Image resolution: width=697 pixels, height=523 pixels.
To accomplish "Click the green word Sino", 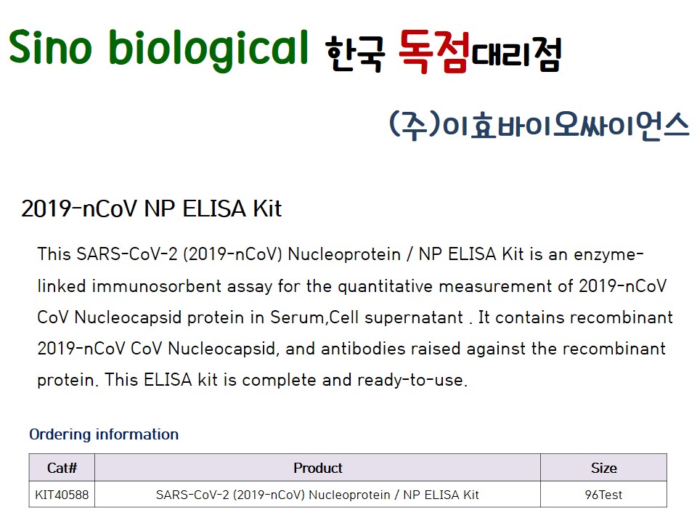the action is pyautogui.click(x=50, y=46).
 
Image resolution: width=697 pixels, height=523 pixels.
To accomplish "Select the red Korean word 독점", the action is pyautogui.click(x=433, y=51).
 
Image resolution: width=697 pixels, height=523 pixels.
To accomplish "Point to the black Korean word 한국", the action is pyautogui.click(x=355, y=54).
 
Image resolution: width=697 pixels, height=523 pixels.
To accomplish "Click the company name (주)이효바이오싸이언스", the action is pyautogui.click(x=539, y=126).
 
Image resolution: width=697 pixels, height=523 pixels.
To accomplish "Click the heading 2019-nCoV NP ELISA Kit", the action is pyautogui.click(x=151, y=208).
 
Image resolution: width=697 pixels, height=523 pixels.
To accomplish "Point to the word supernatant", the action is pyautogui.click(x=414, y=318).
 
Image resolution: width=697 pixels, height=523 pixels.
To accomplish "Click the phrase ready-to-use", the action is pyautogui.click(x=412, y=380).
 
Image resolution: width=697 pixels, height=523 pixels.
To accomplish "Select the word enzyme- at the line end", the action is pyautogui.click(x=608, y=255).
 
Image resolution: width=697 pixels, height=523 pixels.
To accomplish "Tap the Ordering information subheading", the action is pyautogui.click(x=104, y=434).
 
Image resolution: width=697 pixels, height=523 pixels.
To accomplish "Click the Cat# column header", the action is pyautogui.click(x=62, y=468).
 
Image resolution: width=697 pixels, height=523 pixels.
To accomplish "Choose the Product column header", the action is pyautogui.click(x=318, y=468).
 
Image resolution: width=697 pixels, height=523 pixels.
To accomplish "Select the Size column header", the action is pyautogui.click(x=603, y=468).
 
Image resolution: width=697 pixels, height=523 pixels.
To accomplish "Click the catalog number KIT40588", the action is pyautogui.click(x=62, y=495).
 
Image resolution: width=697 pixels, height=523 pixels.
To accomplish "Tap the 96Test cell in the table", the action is pyautogui.click(x=603, y=495).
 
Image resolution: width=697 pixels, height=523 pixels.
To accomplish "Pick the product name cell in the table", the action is pyautogui.click(x=317, y=495).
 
